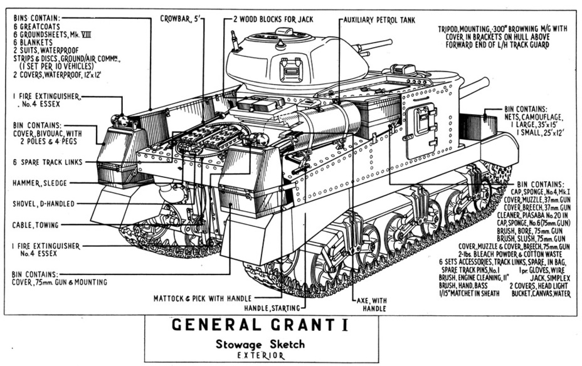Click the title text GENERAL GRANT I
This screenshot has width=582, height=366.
[260, 325]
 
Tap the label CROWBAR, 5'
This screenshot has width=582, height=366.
[180, 19]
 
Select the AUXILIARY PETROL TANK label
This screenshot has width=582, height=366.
[379, 19]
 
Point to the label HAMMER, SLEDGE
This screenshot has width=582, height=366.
[40, 183]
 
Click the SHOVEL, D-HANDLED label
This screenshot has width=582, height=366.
[43, 204]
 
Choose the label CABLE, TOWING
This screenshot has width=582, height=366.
[35, 225]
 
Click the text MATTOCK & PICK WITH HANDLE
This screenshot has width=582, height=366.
[203, 298]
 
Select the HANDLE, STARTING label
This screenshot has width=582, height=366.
[272, 308]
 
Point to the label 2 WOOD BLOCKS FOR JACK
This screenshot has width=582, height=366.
[273, 19]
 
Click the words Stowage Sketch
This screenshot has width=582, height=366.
[260, 344]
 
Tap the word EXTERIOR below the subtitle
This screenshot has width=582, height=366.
[260, 355]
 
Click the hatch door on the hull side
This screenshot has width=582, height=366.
[421, 130]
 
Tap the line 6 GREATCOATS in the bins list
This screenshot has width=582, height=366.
[36, 26]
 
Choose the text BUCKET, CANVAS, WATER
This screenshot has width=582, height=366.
[541, 293]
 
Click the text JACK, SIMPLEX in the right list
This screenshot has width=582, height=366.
[550, 278]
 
